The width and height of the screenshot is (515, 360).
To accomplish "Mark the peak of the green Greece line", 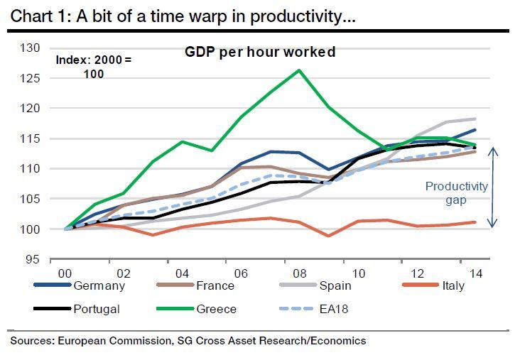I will [298, 70].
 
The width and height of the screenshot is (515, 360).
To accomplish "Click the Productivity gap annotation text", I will [457, 193].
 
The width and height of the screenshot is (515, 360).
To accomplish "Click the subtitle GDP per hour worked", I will [260, 52].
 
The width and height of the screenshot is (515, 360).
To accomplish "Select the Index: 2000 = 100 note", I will [94, 66].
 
